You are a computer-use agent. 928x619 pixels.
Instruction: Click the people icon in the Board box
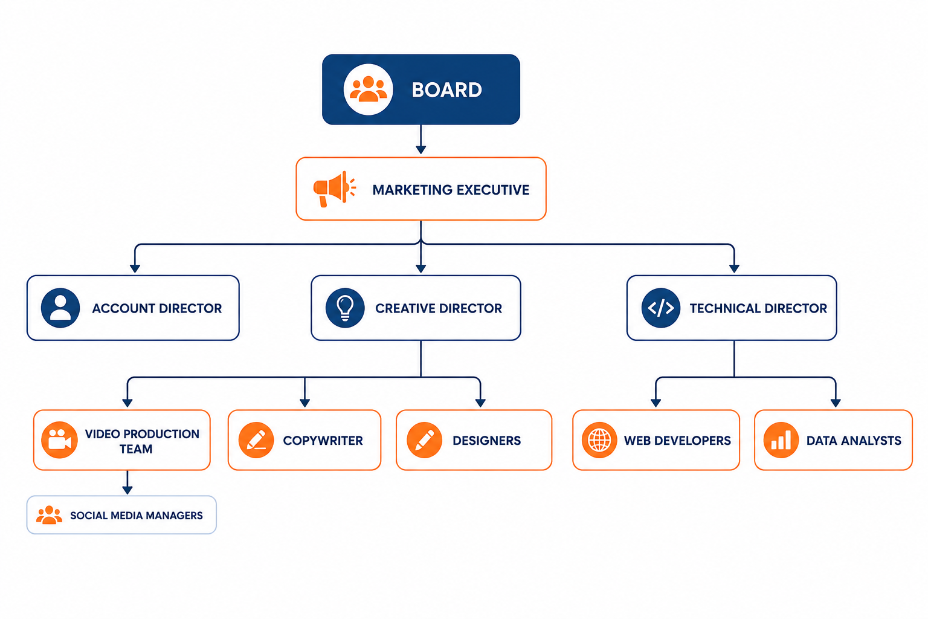368,89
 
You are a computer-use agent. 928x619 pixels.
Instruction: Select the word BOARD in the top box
446,90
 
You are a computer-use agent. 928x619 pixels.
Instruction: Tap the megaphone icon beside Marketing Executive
334,189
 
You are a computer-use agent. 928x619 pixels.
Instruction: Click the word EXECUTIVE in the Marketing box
492,190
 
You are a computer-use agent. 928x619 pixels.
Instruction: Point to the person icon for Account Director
60,308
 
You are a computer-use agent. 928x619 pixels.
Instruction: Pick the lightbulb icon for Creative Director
345,308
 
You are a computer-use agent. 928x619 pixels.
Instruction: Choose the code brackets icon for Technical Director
661,308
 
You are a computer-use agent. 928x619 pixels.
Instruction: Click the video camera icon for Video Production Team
60,440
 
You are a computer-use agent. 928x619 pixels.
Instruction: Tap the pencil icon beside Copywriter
256,440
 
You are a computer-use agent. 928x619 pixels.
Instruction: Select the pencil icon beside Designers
424,440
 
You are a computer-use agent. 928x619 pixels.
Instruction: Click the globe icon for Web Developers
599,440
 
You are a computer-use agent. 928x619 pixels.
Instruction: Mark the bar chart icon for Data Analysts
781,440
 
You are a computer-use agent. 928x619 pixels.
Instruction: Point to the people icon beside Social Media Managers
50,515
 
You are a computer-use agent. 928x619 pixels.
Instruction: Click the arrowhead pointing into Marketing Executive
421,150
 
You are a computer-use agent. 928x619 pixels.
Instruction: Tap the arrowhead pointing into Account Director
135,268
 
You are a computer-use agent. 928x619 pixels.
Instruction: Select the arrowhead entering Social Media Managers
127,490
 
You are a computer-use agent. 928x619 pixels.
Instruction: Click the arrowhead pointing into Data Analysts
836,403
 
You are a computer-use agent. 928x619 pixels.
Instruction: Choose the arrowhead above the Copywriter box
305,403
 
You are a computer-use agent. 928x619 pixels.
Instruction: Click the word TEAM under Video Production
136,449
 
